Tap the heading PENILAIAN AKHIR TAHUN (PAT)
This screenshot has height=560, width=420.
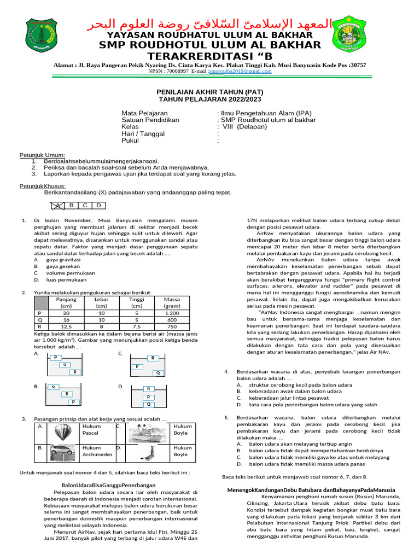coord(210,92)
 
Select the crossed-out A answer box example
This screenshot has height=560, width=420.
coord(57,206)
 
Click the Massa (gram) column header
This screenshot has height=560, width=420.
coord(172,303)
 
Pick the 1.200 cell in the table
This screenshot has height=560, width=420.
coord(172,313)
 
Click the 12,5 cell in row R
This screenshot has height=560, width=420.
coord(66,326)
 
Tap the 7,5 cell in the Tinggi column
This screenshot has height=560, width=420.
coord(137,326)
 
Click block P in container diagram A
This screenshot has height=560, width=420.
coord(56,358)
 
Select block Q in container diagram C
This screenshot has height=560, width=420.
coord(158,373)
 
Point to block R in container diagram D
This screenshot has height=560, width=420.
coord(148,389)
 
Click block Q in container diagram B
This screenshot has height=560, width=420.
coord(53,387)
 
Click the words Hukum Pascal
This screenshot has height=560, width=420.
coord(91,429)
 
